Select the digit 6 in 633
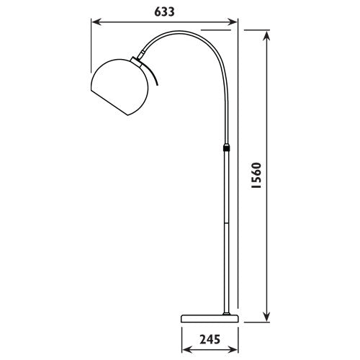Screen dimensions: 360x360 [156, 12]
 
